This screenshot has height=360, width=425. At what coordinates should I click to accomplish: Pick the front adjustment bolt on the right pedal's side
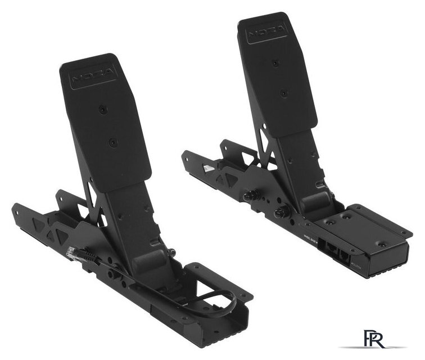[x=279, y=212]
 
